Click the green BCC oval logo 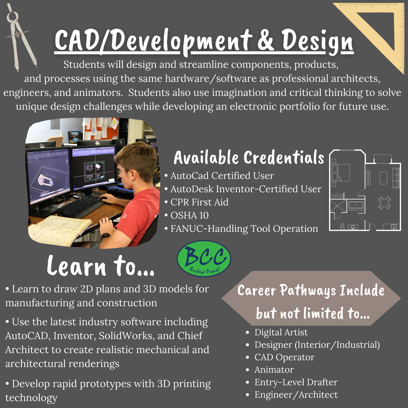click(x=204, y=259)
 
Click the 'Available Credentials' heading click(x=249, y=158)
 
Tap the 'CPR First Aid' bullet click(x=199, y=202)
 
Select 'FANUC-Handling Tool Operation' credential click(x=244, y=229)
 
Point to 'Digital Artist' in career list click(x=281, y=332)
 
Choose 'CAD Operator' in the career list click(x=284, y=357)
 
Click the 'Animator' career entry click(x=274, y=370)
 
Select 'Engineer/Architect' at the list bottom click(x=296, y=395)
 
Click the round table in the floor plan click(x=384, y=202)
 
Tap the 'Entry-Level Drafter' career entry click(x=296, y=382)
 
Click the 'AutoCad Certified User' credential click(x=222, y=175)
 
